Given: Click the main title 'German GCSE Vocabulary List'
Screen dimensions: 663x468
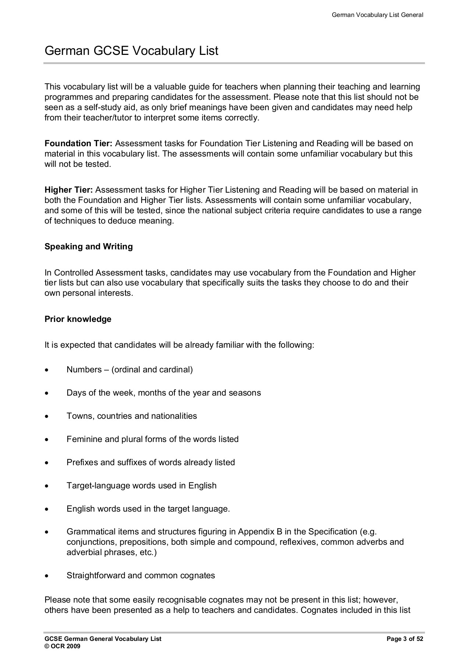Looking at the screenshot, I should pyautogui.click(x=131, y=51).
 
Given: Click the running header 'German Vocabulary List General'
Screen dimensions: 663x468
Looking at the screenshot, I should pyautogui.click(x=377, y=15).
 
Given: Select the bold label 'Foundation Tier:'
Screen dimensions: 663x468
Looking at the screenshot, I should pyautogui.click(x=78, y=143).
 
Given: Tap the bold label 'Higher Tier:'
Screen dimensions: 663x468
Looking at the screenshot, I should pyautogui.click(x=68, y=190).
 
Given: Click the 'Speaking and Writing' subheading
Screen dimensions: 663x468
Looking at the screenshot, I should pyautogui.click(x=89, y=246).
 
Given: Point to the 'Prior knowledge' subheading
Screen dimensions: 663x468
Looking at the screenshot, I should pyautogui.click(x=78, y=319).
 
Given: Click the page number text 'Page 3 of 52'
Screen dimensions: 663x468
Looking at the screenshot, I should pyautogui.click(x=405, y=639).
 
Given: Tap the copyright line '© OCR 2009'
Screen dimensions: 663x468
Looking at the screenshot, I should pyautogui.click(x=62, y=646).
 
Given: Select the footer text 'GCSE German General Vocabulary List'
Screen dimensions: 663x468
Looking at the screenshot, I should pyautogui.click(x=103, y=639).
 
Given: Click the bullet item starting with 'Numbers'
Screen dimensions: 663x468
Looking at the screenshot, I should pyautogui.click(x=130, y=369).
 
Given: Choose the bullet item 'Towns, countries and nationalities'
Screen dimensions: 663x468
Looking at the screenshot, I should pyautogui.click(x=132, y=416).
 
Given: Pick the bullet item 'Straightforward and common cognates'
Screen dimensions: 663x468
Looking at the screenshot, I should pyautogui.click(x=141, y=575).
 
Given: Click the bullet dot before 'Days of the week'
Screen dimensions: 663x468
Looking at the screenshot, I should pyautogui.click(x=46, y=393).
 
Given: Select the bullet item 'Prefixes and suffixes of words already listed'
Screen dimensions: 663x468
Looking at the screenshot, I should pyautogui.click(x=150, y=462).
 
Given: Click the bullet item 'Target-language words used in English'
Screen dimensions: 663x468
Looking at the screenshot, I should pyautogui.click(x=141, y=485).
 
